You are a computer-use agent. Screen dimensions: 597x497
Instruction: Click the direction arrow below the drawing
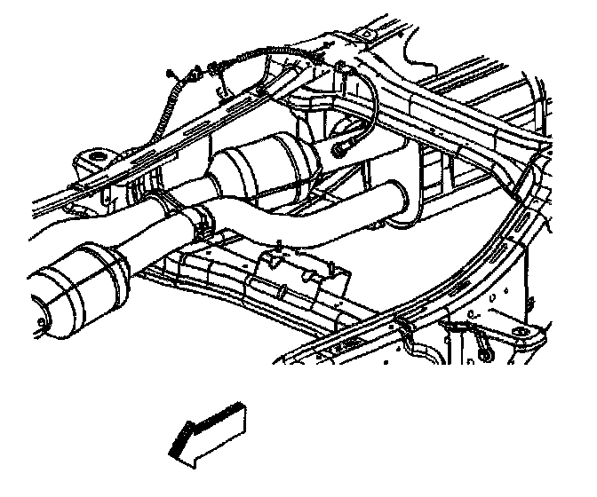tap(207, 431)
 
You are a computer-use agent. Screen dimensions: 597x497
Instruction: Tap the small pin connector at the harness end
tap(170, 71)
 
